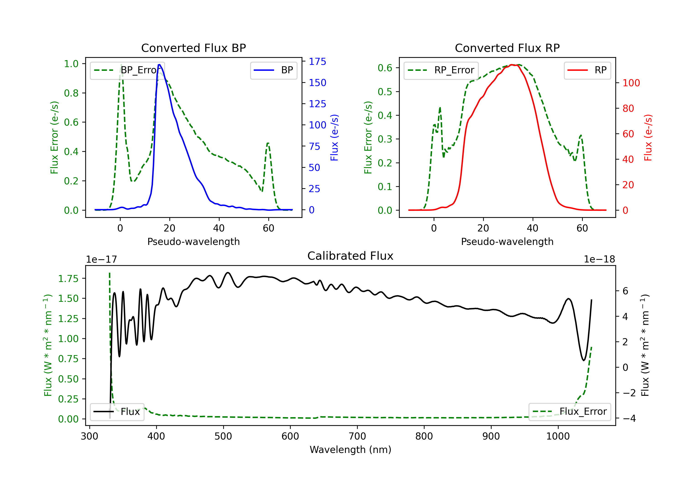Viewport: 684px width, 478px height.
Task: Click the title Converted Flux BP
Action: click(x=193, y=48)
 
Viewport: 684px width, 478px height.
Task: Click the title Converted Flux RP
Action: click(x=507, y=48)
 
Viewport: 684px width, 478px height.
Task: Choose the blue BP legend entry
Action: click(x=273, y=70)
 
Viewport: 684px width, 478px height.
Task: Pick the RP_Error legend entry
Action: click(x=441, y=70)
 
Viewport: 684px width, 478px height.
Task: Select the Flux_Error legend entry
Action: click(x=570, y=412)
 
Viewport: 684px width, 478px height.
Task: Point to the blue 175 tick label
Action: click(x=317, y=62)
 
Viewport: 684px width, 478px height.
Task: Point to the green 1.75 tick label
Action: click(x=68, y=279)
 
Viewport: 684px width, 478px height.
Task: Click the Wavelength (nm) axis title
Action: click(x=350, y=450)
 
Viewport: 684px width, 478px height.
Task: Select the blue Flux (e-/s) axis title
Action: click(x=334, y=137)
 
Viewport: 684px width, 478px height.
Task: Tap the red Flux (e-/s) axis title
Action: click(x=648, y=137)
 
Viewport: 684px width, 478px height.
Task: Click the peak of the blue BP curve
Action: click(x=159, y=65)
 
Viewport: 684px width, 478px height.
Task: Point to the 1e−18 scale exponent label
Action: click(x=599, y=259)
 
